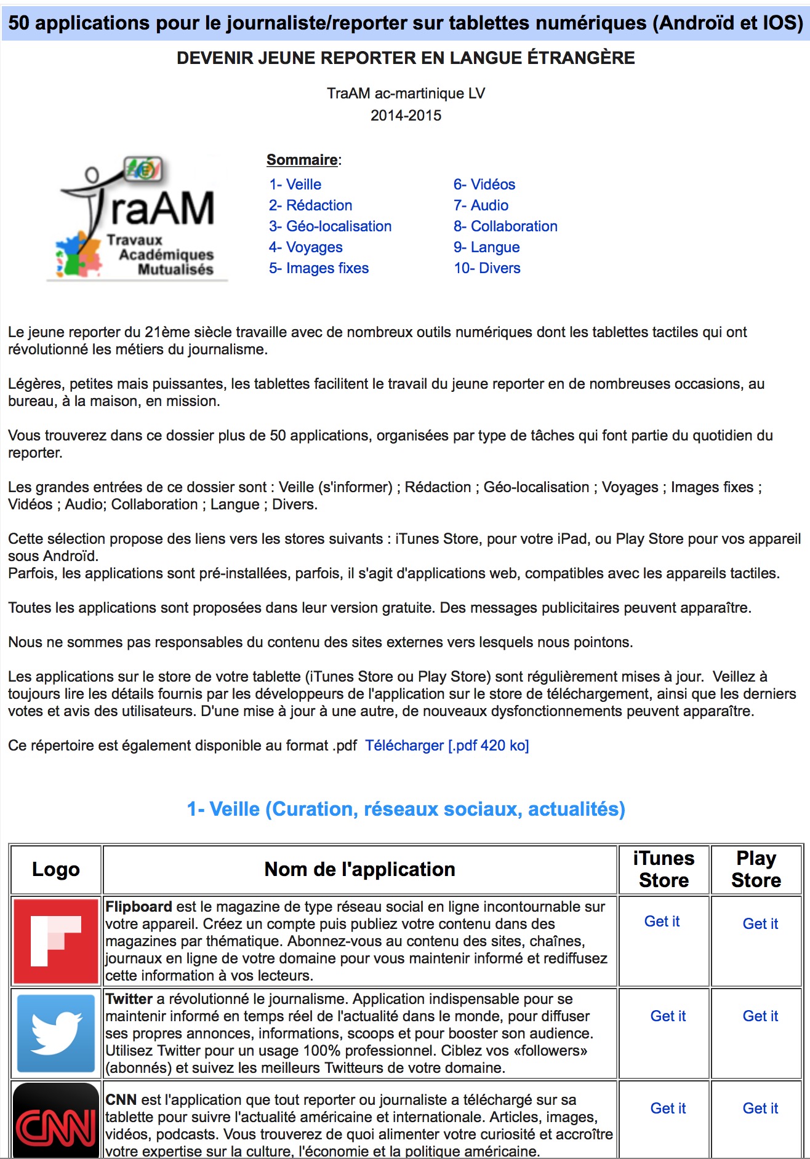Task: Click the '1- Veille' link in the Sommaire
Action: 295,185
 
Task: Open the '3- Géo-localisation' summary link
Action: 330,226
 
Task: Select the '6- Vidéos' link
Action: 484,185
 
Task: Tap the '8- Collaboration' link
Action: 505,226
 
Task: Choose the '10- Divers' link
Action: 487,268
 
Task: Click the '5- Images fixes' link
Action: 318,268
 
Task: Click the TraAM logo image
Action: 137,218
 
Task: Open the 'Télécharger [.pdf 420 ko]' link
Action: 447,746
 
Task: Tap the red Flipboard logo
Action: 56,941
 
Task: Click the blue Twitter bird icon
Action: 56,1033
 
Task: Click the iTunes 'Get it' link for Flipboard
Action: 662,922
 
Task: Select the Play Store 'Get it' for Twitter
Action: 760,1016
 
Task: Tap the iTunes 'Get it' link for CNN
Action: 668,1109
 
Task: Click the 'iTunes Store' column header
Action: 664,869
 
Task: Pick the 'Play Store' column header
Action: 756,869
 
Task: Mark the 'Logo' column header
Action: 56,869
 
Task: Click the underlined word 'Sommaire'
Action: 302,160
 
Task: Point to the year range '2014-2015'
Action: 406,116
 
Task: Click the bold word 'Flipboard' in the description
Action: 138,907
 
